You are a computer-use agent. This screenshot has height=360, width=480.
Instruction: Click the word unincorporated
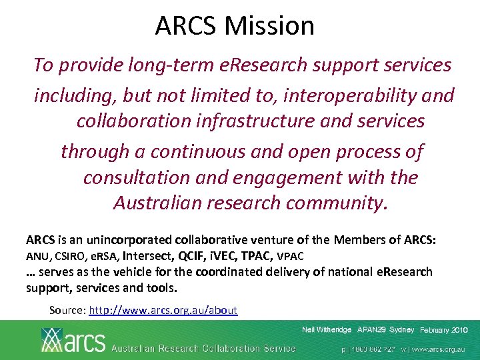click(122, 239)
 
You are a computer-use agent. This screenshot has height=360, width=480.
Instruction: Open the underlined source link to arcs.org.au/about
click(163, 310)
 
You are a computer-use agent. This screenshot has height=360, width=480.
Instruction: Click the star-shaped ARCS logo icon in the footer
click(53, 339)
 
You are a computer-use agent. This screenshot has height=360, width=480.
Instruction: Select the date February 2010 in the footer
click(444, 330)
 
